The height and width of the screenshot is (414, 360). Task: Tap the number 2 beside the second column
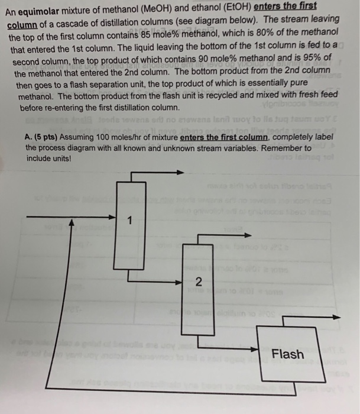(x=199, y=282)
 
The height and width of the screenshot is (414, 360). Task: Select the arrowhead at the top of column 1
(x=180, y=172)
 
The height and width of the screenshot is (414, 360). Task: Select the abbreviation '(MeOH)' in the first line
(x=160, y=8)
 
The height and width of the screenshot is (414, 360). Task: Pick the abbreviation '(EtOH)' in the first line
(x=233, y=7)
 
